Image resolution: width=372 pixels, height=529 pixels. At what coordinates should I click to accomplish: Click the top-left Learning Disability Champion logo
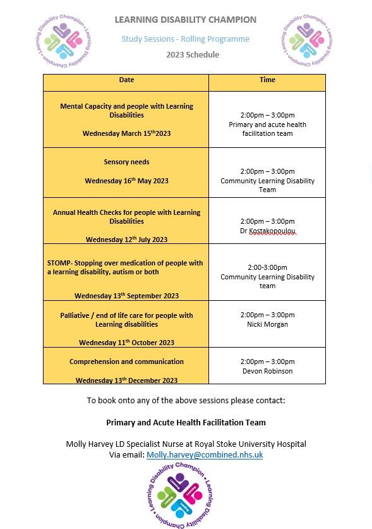tap(63, 40)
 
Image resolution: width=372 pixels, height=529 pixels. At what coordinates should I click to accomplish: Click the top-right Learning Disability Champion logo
tap(306, 40)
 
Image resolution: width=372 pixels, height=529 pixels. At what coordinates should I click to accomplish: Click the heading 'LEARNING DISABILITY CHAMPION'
tap(186, 20)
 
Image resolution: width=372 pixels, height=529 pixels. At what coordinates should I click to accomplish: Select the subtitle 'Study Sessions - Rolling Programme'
tap(186, 39)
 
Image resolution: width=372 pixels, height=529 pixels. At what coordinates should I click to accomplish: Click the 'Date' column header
tap(126, 80)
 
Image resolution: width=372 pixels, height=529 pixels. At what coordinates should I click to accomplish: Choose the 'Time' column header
tap(267, 80)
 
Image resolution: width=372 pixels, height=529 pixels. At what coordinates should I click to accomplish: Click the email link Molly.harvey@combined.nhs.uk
tap(205, 455)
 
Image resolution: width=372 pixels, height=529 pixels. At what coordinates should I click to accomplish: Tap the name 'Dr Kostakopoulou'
tap(267, 231)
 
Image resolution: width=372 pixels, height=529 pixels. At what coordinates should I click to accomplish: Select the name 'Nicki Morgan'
tap(267, 325)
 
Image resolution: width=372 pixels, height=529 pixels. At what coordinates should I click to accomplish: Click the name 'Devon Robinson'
tap(267, 372)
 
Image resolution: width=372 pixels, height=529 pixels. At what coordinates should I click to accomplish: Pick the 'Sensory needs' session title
tap(126, 162)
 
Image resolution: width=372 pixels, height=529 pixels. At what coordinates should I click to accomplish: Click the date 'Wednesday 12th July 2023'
tap(126, 240)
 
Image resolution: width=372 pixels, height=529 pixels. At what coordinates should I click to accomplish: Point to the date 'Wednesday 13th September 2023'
tap(126, 296)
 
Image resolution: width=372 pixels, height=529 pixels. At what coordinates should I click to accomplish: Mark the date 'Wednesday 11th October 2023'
tap(126, 343)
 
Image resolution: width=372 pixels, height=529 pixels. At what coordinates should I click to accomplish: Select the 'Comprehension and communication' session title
tap(126, 362)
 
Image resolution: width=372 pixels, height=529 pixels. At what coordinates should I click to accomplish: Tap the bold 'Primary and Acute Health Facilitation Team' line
tap(186, 422)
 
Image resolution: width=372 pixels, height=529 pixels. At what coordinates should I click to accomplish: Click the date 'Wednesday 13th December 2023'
tap(126, 380)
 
